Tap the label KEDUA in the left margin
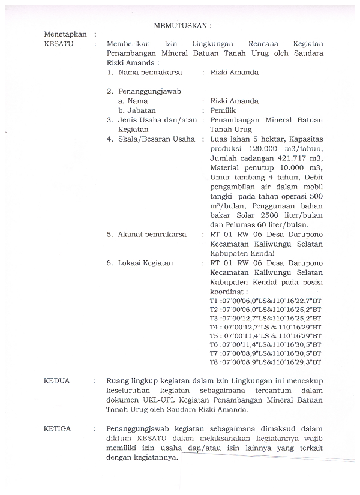pos(57,380)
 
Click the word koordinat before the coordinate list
pos(227,291)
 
